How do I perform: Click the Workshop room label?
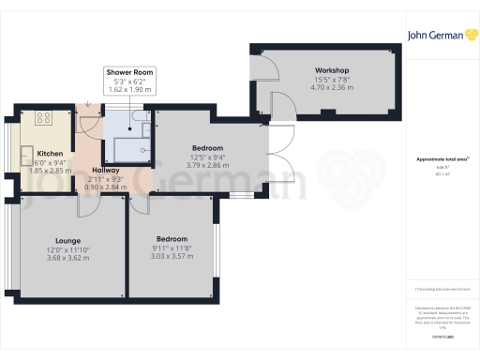332,71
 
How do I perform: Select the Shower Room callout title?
129,72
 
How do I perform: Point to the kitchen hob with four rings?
42,118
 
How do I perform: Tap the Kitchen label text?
49,153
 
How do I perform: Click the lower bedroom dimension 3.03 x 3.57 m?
172,256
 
